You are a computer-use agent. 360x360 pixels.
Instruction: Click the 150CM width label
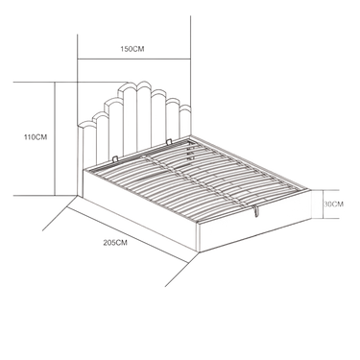click(x=132, y=49)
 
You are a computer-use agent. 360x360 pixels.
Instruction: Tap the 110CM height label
click(x=36, y=137)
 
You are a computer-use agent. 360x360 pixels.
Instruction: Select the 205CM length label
click(x=115, y=243)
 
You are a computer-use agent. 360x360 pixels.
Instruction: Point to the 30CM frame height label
click(x=333, y=204)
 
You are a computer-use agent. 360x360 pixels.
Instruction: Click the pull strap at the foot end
click(x=255, y=210)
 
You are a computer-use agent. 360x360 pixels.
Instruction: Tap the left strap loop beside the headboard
click(x=116, y=158)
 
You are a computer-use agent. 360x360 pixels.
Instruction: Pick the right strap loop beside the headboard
click(x=169, y=141)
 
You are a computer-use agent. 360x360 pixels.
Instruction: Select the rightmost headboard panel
click(x=185, y=121)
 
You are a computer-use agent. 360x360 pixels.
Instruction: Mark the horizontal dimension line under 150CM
click(x=134, y=59)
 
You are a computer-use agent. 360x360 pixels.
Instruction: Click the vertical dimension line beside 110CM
click(x=55, y=138)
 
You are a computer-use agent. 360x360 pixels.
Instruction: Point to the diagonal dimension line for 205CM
click(x=128, y=235)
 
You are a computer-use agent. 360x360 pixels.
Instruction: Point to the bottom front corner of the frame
click(x=199, y=252)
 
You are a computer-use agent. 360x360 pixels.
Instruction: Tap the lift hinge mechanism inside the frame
click(x=190, y=151)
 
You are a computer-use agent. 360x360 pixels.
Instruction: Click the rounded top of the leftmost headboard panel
click(x=86, y=125)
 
